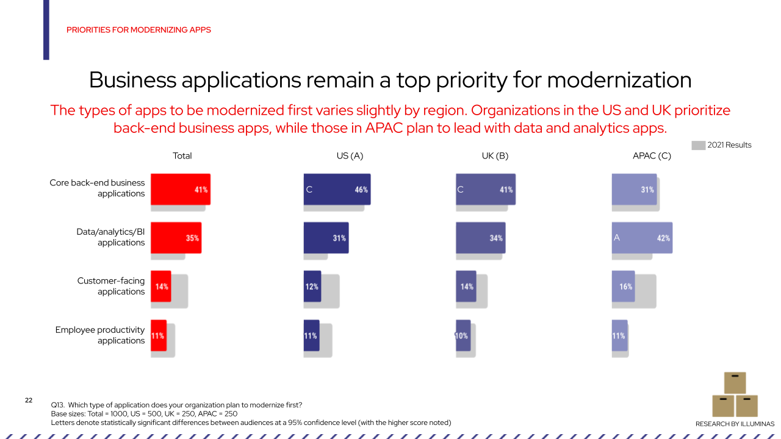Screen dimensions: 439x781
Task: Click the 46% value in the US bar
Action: pyautogui.click(x=361, y=190)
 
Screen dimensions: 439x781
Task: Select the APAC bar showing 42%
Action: pyautogui.click(x=642, y=238)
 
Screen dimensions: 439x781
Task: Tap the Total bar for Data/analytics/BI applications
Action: pyautogui.click(x=176, y=238)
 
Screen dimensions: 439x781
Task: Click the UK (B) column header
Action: pyautogui.click(x=495, y=155)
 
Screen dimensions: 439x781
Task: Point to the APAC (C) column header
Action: pyautogui.click(x=652, y=155)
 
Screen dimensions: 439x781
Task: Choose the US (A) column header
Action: pyautogui.click(x=350, y=155)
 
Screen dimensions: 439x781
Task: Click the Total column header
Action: pyautogui.click(x=182, y=155)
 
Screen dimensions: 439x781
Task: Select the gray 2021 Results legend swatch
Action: pyautogui.click(x=698, y=145)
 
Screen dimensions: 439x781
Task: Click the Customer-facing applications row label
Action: pyautogui.click(x=110, y=286)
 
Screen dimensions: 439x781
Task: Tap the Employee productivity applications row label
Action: pyautogui.click(x=100, y=335)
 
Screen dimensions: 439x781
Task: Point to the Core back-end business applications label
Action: pyautogui.click(x=97, y=188)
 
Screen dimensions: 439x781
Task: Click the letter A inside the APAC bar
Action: pyautogui.click(x=617, y=238)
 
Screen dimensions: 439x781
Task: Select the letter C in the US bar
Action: pyautogui.click(x=309, y=190)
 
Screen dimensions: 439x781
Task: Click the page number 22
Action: pyautogui.click(x=29, y=401)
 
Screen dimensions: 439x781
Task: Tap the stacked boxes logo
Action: pyautogui.click(x=735, y=394)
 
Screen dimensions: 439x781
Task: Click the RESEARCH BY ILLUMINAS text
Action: pyautogui.click(x=735, y=424)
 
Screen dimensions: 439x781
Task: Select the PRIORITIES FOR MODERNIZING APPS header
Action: pyautogui.click(x=139, y=30)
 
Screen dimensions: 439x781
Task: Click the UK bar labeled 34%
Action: pyautogui.click(x=480, y=238)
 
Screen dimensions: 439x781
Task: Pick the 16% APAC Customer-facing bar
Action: pyautogui.click(x=623, y=287)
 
